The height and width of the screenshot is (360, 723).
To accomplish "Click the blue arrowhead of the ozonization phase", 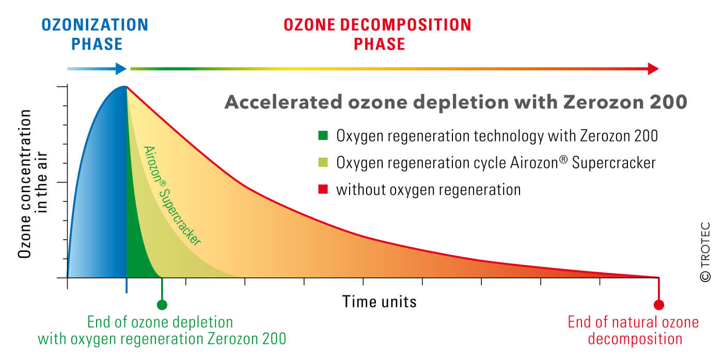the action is (x=121, y=69).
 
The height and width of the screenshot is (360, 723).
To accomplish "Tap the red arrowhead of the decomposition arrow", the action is (x=653, y=69).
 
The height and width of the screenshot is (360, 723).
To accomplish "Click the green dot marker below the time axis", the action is (x=162, y=304).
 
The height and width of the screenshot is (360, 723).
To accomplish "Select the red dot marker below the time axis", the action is (x=659, y=304).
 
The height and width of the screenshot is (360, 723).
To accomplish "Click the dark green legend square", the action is (x=323, y=135).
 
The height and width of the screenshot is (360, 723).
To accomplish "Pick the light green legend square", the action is (x=323, y=162).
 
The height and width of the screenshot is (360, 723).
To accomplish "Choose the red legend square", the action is (x=323, y=189).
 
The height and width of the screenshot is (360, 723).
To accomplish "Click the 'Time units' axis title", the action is (x=379, y=302).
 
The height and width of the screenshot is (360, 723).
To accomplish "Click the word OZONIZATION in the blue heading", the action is (x=95, y=25).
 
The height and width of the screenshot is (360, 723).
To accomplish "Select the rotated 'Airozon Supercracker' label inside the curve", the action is (x=172, y=196).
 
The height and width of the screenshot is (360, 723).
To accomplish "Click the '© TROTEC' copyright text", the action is (x=705, y=252).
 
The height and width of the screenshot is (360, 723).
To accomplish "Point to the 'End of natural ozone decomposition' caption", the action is (x=633, y=330).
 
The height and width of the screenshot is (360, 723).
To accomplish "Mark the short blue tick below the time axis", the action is (x=127, y=286).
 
